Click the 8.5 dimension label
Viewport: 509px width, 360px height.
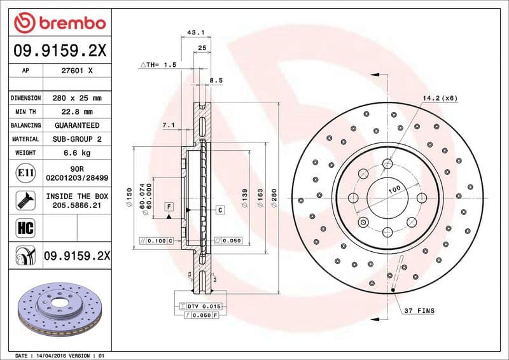click(216, 81)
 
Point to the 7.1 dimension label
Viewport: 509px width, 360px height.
click(168, 125)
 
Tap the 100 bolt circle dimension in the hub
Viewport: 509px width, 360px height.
click(394, 190)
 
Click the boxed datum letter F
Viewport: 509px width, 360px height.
click(169, 207)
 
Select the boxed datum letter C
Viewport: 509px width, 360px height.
click(220, 209)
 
